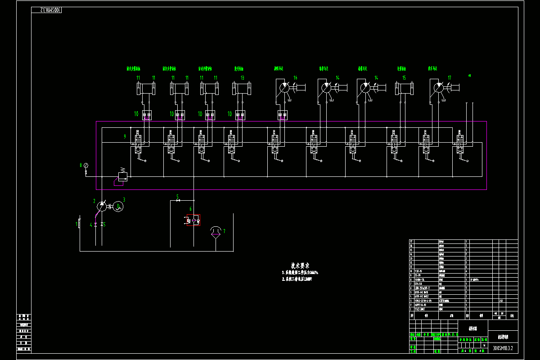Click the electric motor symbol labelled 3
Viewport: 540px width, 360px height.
pyautogui.click(x=117, y=207)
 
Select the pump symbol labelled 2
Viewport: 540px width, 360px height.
pyautogui.click(x=102, y=206)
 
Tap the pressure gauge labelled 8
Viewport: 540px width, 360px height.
pyautogui.click(x=86, y=166)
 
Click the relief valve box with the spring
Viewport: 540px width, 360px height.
pyautogui.click(x=122, y=176)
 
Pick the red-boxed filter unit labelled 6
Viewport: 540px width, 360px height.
pyautogui.click(x=194, y=220)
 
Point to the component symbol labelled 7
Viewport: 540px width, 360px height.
pyautogui.click(x=216, y=231)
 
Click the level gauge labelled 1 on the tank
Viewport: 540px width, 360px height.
pyautogui.click(x=79, y=223)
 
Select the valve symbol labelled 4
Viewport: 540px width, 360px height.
pyautogui.click(x=95, y=224)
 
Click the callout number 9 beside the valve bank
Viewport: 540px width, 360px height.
pyautogui.click(x=125, y=136)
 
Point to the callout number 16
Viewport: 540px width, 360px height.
pyautogui.click(x=295, y=78)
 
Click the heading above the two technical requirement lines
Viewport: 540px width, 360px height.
pyautogui.click(x=300, y=265)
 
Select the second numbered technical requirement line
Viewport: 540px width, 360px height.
pyautogui.click(x=297, y=279)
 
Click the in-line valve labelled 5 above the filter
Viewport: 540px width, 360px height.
pyautogui.click(x=179, y=200)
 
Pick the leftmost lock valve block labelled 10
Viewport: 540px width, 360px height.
pyautogui.click(x=147, y=115)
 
